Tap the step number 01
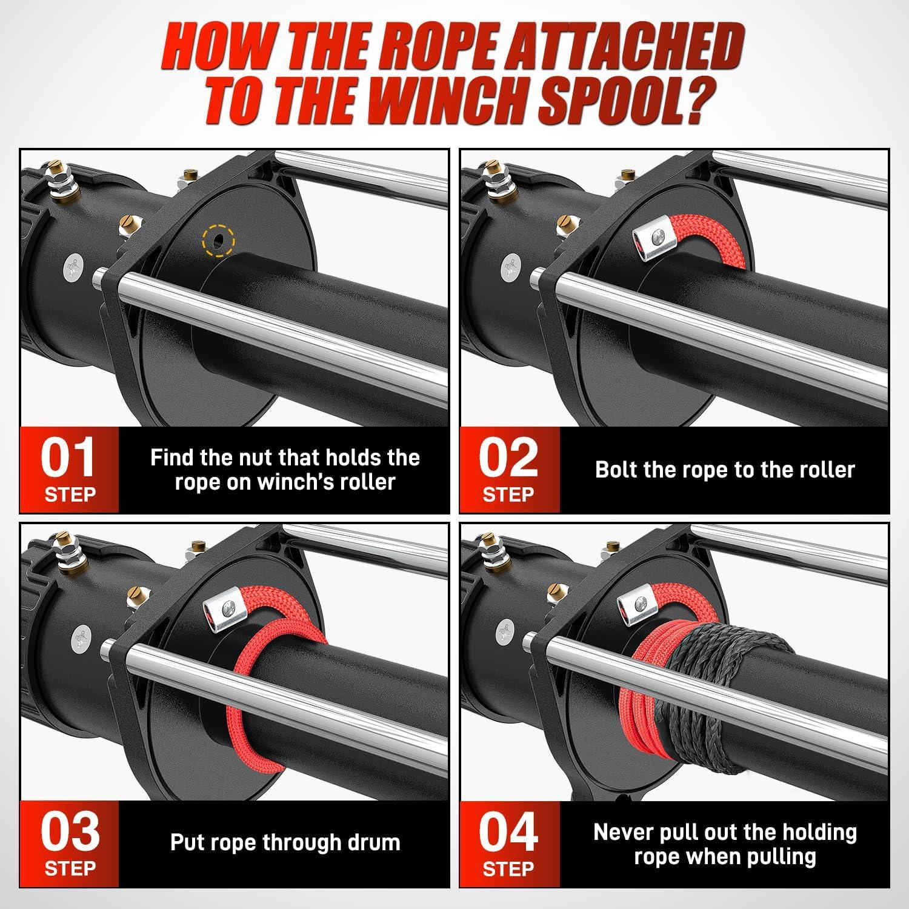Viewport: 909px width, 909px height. tap(69, 458)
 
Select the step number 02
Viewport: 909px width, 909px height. tap(508, 458)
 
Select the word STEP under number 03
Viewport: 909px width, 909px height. tap(69, 868)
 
